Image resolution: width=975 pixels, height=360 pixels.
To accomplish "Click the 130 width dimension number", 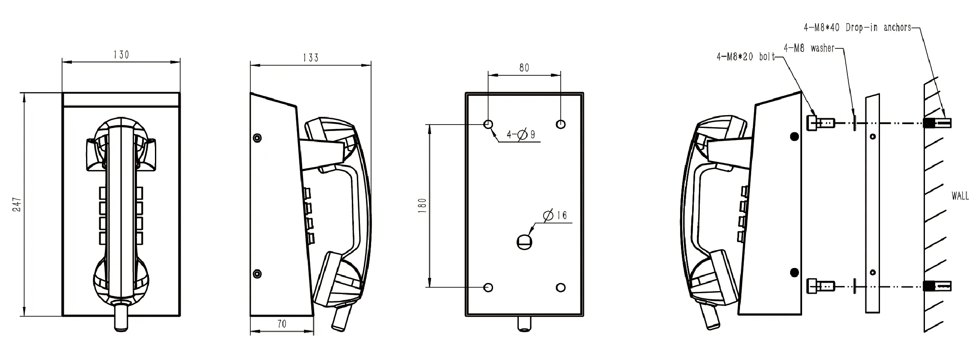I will tap(121, 55).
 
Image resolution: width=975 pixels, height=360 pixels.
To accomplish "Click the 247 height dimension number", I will tap(17, 204).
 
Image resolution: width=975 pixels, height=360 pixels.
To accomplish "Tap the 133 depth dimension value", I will tap(311, 58).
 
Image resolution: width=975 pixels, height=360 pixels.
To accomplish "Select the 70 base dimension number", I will tap(282, 324).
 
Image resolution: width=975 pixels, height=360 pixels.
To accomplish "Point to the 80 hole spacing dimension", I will tap(524, 68).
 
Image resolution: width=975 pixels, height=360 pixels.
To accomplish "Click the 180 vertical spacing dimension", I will tap(423, 205).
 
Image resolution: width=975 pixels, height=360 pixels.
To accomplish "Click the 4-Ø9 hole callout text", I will tap(521, 135).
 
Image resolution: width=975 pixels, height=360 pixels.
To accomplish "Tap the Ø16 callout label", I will tap(555, 215).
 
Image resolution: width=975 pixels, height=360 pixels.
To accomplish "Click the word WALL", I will tap(960, 196).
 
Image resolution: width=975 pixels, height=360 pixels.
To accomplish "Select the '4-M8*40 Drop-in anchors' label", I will tap(857, 28).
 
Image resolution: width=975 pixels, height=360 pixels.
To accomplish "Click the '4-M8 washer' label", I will tap(809, 48).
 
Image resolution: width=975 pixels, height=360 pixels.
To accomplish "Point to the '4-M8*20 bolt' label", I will tap(746, 57).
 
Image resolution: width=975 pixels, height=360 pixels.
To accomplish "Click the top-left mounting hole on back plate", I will tap(488, 125).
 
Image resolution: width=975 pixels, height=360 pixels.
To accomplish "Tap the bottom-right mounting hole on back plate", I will tap(561, 288).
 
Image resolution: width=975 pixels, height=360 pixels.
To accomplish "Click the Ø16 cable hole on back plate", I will tap(524, 242).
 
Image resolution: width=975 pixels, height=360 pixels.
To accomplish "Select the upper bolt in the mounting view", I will tap(820, 123).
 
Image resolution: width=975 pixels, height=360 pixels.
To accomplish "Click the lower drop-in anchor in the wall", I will tap(937, 286).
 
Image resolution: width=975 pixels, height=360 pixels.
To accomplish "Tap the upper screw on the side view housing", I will tap(257, 138).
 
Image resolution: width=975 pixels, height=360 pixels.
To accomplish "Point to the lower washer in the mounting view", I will tap(854, 286).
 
